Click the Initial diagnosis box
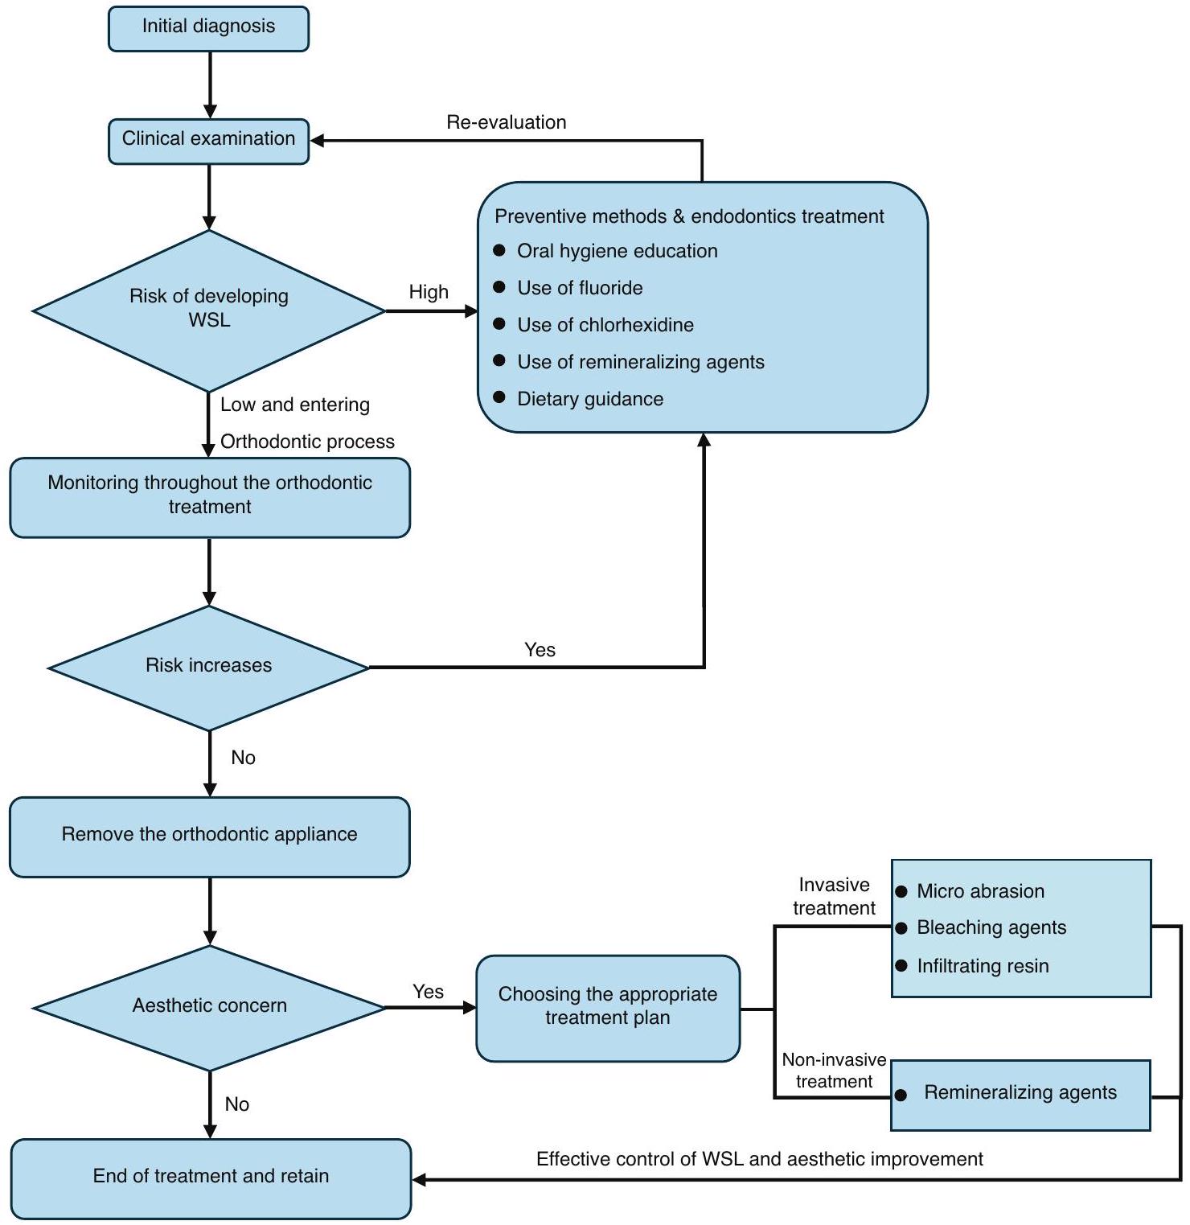pos(208,28)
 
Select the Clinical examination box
pos(208,140)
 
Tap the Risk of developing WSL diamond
pos(209,310)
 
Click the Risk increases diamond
pos(209,667)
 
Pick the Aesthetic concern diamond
pos(209,1007)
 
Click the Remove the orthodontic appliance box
pos(209,836)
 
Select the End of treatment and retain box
pos(211,1178)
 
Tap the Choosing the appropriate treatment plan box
pos(607,1007)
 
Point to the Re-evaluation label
pos(506,122)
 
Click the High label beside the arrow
pos(429,292)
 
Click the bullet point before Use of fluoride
pos(499,287)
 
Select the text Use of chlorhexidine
pos(605,325)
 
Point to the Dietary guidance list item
pos(589,399)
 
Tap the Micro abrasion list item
pos(979,891)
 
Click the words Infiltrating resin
pos(982,966)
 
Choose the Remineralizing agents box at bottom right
pos(1020,1094)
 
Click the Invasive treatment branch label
pos(834,896)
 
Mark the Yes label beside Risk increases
pos(540,650)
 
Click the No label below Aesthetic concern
pos(237,1104)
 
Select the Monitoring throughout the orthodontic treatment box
pos(209,496)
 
